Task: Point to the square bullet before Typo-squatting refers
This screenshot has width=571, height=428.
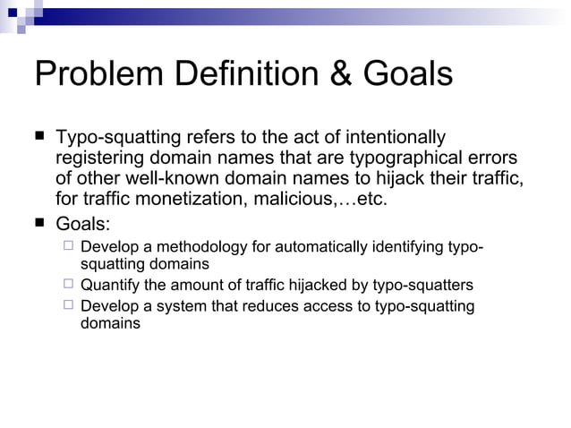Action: pos(39,137)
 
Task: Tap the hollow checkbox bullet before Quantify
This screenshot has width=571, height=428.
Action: pos(69,285)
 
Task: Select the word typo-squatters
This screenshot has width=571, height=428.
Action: pos(423,286)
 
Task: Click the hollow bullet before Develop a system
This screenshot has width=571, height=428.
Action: pos(69,305)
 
